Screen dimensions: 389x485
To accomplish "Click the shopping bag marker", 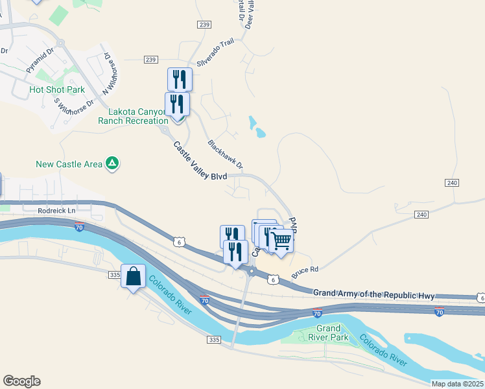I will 133,276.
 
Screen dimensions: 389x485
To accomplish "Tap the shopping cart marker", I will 281,241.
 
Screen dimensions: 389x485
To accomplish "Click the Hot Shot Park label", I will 57,89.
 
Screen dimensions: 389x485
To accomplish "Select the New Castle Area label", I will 69,164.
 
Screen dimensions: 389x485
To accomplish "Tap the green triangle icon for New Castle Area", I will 112,163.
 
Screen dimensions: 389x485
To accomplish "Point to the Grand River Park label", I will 328,333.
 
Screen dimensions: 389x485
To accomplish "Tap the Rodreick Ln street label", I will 56,210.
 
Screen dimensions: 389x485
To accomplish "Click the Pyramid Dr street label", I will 43,58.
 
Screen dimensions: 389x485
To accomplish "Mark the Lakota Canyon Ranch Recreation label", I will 133,116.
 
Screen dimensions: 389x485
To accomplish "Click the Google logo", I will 21,381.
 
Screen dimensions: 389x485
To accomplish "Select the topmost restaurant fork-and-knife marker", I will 180,80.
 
